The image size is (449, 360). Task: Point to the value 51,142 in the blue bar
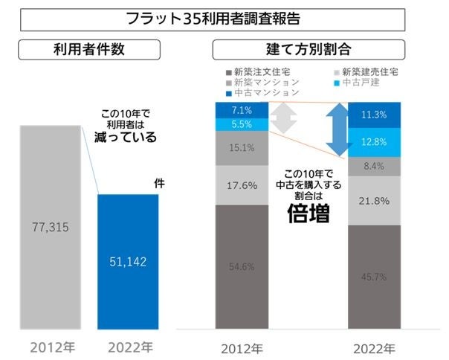pos(128,262)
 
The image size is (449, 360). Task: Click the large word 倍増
pos(309,214)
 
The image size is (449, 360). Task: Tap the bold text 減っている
pos(124,138)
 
